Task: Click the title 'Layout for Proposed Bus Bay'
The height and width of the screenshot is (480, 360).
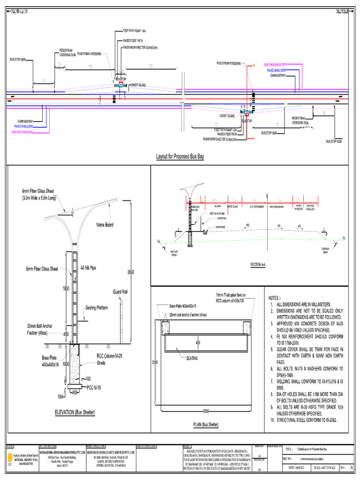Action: point(180,156)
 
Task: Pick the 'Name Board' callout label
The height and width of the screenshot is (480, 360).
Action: point(105,225)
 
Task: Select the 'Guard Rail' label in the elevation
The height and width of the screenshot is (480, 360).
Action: point(120,292)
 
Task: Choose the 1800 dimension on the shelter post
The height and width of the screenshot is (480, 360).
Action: point(65,289)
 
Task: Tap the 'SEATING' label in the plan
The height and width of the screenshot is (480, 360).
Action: point(192,358)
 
